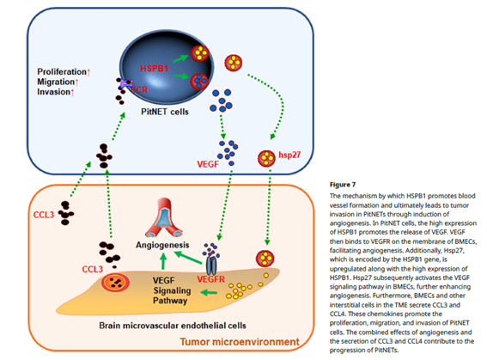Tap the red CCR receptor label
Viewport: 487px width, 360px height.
point(137,88)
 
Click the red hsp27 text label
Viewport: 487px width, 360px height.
point(290,157)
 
